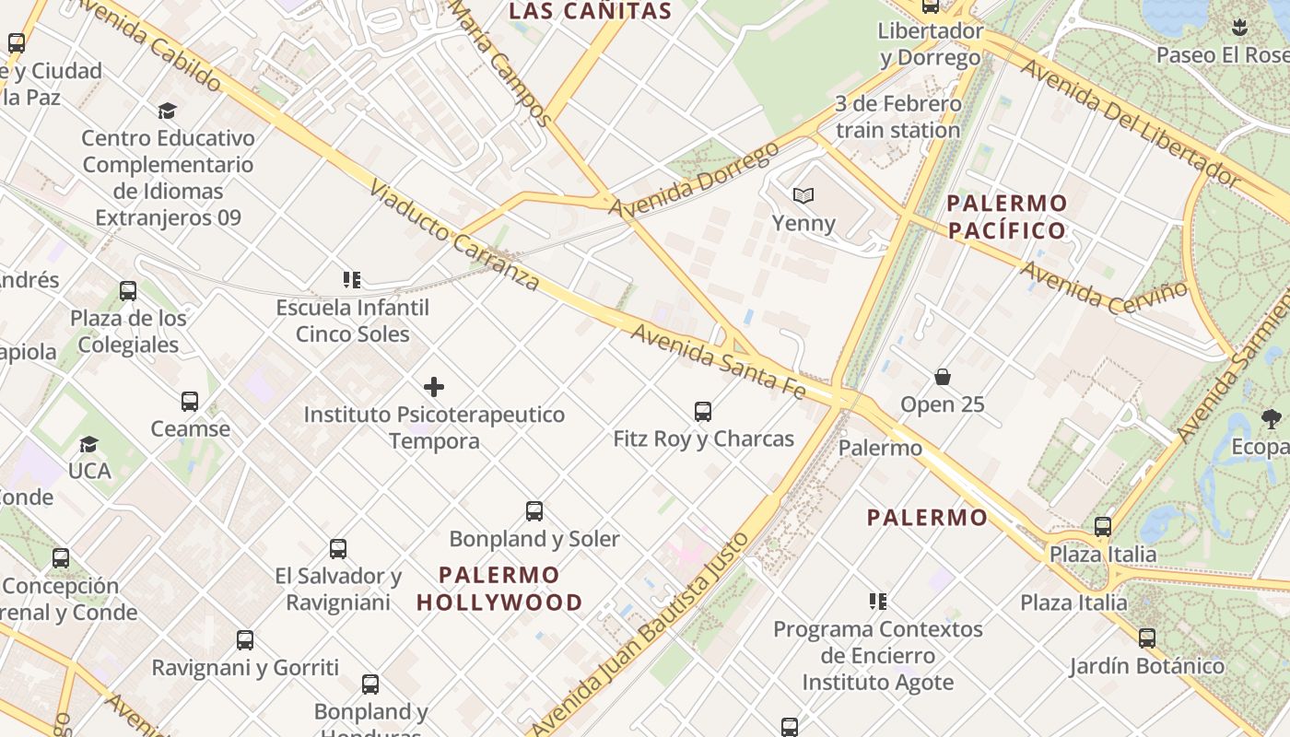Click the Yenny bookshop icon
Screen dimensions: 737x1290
coord(803,195)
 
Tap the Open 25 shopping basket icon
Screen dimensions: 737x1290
coord(943,377)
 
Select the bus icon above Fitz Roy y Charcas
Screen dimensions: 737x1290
coord(703,411)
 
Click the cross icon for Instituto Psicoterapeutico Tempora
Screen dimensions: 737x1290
coord(434,387)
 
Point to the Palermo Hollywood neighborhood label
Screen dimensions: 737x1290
coord(499,589)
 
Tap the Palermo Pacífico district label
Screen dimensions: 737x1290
coord(1007,216)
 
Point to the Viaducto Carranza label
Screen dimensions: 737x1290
coord(453,236)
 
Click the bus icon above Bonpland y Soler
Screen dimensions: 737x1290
coord(534,511)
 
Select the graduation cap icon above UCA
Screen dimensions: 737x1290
coord(88,444)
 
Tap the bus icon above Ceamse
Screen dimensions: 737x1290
coord(190,402)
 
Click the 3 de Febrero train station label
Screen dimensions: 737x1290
coord(897,117)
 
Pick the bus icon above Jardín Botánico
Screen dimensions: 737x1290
coord(1147,638)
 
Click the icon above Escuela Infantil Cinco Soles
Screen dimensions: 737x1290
coord(351,279)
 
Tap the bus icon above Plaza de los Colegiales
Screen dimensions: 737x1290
coord(128,291)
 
